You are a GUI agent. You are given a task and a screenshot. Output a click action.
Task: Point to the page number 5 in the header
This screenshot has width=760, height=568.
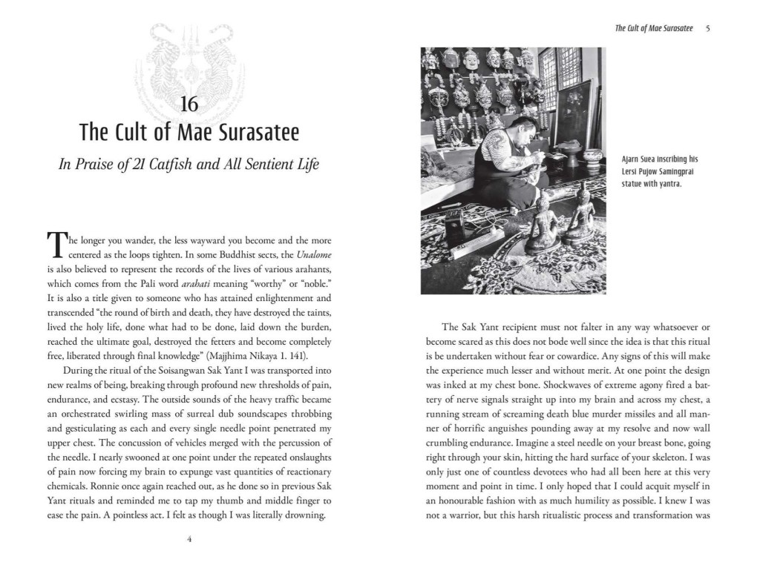[x=709, y=29]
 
